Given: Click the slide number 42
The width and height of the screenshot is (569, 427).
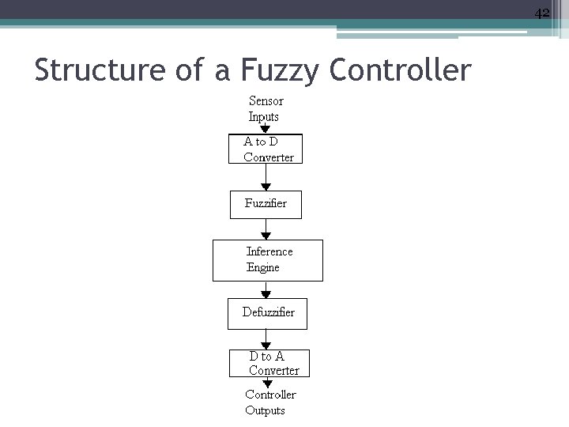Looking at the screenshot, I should (x=541, y=13).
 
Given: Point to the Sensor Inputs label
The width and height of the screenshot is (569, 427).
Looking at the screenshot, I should (x=266, y=109).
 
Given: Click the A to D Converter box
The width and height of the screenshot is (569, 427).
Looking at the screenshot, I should (x=266, y=149).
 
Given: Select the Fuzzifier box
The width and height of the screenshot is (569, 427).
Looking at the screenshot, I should (x=266, y=203).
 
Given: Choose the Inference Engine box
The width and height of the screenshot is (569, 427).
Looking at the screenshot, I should (x=268, y=259).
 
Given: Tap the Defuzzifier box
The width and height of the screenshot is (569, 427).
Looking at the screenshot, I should (x=267, y=312).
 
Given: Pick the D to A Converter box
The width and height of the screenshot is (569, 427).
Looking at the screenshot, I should (x=268, y=364).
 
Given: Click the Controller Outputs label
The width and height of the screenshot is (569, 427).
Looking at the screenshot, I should (x=269, y=402).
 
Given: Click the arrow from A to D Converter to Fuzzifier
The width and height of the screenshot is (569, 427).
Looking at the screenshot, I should (x=266, y=177).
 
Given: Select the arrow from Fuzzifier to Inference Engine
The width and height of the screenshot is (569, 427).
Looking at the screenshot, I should (x=266, y=229).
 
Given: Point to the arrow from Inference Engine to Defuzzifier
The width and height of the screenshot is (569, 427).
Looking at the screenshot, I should (x=267, y=289).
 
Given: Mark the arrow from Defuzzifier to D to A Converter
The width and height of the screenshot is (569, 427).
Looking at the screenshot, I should (x=267, y=339).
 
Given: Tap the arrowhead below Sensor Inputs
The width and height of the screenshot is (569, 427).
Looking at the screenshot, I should (x=266, y=127).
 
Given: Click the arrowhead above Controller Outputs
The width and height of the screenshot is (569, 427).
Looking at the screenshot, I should (x=268, y=384).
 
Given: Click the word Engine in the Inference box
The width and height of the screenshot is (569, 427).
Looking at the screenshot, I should (x=263, y=268).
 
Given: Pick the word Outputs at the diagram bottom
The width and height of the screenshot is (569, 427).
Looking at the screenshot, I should (x=265, y=410).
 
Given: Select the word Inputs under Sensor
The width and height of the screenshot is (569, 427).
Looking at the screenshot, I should (x=264, y=117).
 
